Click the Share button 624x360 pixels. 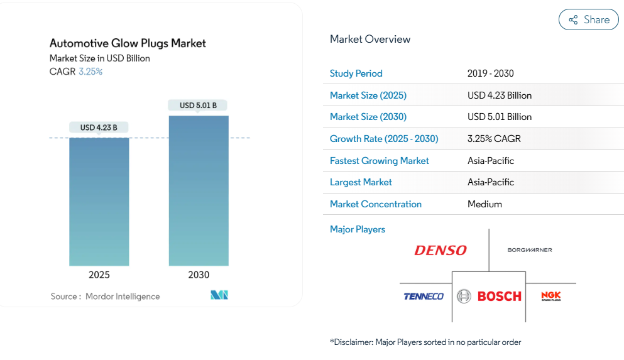588,19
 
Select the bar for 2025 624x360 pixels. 99,201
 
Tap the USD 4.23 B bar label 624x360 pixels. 99,128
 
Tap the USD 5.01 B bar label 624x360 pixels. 198,106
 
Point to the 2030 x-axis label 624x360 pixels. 199,275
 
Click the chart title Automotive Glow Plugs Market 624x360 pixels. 128,43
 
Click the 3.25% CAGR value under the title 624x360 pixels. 90,72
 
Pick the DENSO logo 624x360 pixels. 441,251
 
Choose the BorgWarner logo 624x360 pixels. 530,250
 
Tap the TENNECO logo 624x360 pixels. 424,297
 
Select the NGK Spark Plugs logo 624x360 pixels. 551,296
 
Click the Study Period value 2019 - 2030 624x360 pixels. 490,74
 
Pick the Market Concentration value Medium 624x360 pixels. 484,204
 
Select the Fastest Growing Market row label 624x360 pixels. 379,161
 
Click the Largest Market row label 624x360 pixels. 361,182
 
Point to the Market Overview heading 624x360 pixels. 369,39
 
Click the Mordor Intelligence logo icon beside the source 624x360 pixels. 219,295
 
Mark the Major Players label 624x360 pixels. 357,229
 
